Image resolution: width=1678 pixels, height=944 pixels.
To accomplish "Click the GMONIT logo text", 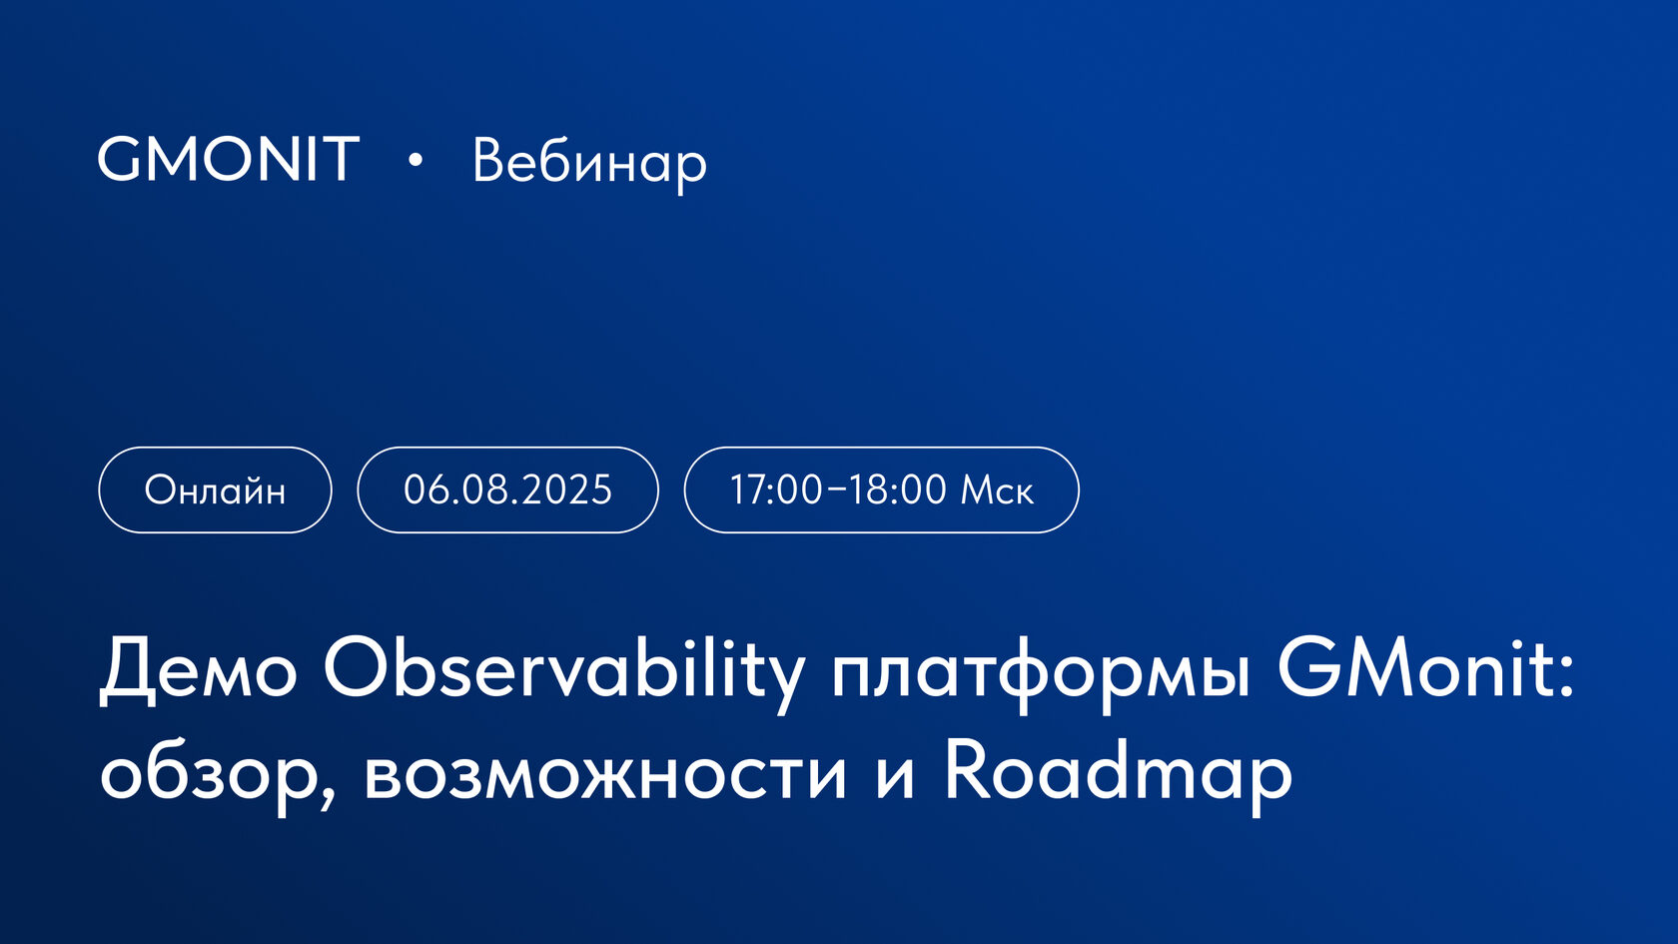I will tap(228, 160).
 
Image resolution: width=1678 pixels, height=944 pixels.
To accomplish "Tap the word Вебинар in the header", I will tap(589, 162).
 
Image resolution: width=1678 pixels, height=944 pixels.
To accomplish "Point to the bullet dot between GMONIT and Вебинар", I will tap(416, 160).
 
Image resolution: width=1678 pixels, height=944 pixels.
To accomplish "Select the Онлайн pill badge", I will tap(215, 490).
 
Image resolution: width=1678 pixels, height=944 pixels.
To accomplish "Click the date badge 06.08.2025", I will tap(507, 490).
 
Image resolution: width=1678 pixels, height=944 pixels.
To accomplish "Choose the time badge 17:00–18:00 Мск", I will tap(881, 490).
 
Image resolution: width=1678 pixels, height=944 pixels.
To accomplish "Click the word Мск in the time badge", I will tap(996, 490).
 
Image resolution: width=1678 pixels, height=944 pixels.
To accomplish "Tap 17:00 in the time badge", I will tap(776, 490).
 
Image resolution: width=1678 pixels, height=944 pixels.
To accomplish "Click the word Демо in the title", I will tap(199, 669).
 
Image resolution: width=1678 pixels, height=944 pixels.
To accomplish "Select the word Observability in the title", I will tap(564, 669).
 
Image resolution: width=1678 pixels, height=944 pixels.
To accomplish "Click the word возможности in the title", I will tap(605, 774).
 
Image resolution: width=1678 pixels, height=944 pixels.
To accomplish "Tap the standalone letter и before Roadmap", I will tap(895, 777).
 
